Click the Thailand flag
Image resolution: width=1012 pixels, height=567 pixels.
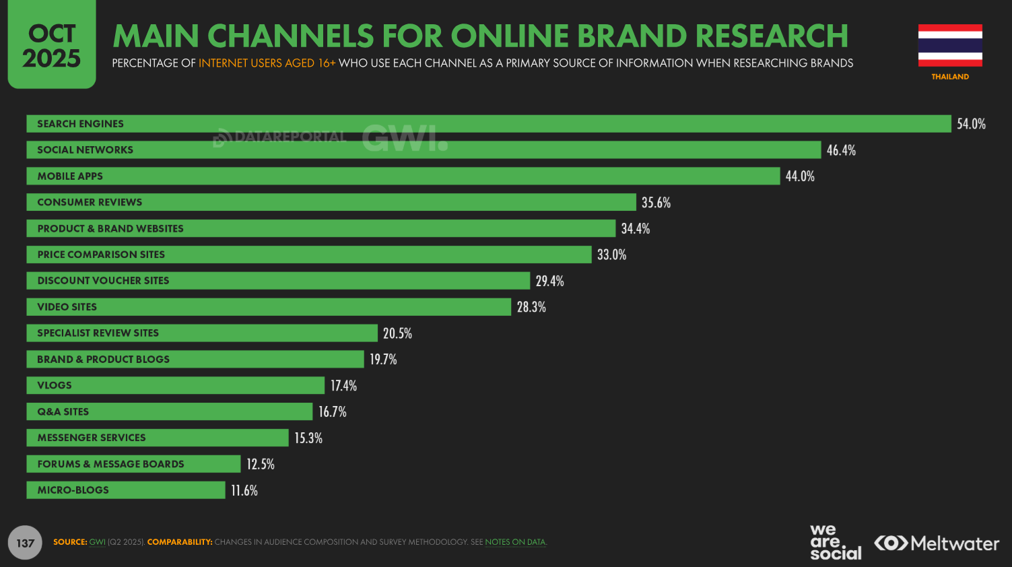(950, 45)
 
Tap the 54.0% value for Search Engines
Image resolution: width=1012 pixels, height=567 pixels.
(971, 124)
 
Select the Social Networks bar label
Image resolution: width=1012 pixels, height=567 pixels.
(85, 150)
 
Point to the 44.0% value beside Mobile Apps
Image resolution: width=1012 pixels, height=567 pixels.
(800, 176)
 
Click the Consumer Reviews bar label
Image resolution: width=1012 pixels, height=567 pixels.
(90, 202)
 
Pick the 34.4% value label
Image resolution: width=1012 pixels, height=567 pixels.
(636, 229)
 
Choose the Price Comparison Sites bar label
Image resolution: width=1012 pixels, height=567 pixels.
(101, 255)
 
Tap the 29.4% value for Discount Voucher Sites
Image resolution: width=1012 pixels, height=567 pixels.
(549, 281)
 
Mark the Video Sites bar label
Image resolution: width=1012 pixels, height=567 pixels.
(67, 307)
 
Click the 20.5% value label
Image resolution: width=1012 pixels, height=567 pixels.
(397, 333)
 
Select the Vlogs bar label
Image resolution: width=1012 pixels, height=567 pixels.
(55, 385)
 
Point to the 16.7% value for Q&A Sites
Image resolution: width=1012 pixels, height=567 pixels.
(333, 411)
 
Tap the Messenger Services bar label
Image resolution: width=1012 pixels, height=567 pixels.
(92, 438)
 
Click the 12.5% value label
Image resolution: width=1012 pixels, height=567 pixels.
(261, 464)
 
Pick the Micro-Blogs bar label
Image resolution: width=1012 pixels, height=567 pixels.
(73, 490)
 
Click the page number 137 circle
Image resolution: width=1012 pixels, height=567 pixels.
(25, 543)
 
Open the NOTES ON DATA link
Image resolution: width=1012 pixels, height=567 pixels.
(515, 542)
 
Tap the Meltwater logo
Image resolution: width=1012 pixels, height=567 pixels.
(937, 543)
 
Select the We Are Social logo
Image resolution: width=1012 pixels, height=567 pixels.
(835, 542)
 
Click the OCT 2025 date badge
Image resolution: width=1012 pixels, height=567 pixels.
(52, 45)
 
